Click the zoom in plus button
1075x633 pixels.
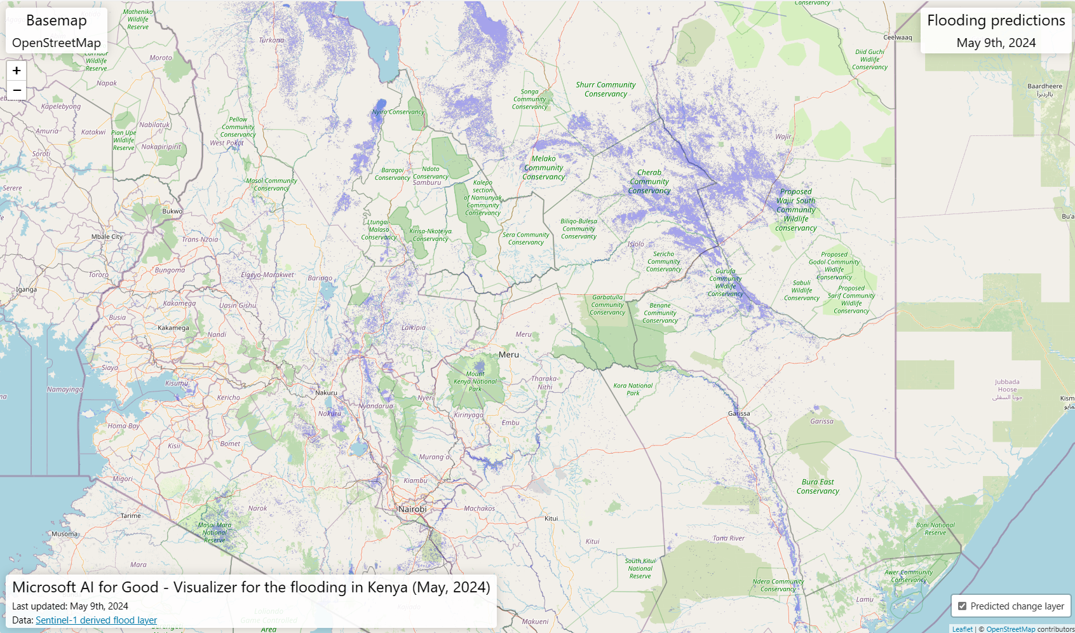(x=17, y=71)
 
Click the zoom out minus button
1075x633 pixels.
(x=17, y=90)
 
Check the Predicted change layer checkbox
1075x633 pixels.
(x=962, y=606)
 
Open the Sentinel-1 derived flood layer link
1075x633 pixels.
(x=96, y=620)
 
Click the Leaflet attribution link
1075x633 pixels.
(x=962, y=629)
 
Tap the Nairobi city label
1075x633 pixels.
(x=412, y=509)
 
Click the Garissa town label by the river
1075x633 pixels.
(x=739, y=414)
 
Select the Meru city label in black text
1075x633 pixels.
(x=508, y=355)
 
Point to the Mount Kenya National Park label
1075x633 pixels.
(x=475, y=381)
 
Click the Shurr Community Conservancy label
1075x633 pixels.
(x=605, y=89)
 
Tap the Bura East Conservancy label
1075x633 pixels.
(x=818, y=486)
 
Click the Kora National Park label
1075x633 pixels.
(x=633, y=389)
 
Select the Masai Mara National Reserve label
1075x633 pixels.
(x=215, y=533)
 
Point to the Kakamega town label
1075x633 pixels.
(x=173, y=328)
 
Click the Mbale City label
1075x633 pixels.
(x=107, y=236)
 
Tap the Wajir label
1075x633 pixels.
(x=783, y=137)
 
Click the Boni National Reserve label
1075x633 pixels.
(x=935, y=529)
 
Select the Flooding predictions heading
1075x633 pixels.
(x=996, y=20)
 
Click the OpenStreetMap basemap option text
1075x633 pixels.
(x=57, y=43)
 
